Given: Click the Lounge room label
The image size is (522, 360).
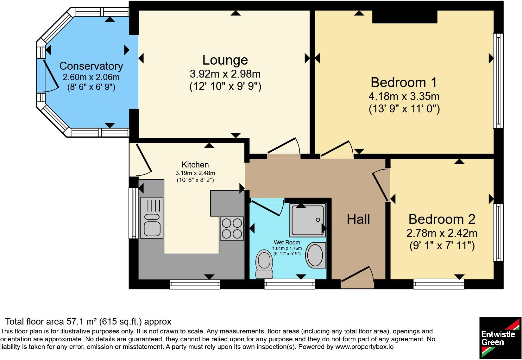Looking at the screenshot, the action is coord(225,60).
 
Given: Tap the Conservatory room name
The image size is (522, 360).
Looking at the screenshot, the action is coord(91,66).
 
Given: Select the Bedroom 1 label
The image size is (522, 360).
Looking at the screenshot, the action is coord(404,83).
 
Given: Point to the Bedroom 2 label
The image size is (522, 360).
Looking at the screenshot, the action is coord(442,219).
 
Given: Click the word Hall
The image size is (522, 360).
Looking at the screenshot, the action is coord(358,219).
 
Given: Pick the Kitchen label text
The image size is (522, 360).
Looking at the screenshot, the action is coord(195,165).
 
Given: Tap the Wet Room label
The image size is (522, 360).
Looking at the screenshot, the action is coord(287,243).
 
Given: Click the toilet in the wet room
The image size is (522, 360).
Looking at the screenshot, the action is coord(264,264).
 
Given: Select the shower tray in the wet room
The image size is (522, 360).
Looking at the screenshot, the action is coord(308,220).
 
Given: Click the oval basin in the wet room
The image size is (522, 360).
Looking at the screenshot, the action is coord(316,255).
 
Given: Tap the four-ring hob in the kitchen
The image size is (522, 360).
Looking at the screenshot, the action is coord(232,229).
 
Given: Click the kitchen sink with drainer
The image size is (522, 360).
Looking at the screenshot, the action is coord(152,218).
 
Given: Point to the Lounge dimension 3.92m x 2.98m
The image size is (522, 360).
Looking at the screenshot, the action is coord(225,74).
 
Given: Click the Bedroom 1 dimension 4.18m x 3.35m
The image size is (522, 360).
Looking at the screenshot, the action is coord(404,96).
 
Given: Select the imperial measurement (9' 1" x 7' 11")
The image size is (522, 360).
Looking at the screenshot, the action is coord(442,246).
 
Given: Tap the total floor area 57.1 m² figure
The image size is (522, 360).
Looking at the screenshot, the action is coord(82,322).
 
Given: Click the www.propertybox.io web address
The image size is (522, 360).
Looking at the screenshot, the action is coord(364,347).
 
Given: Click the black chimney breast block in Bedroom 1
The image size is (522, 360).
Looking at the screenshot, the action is coord(405,17).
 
